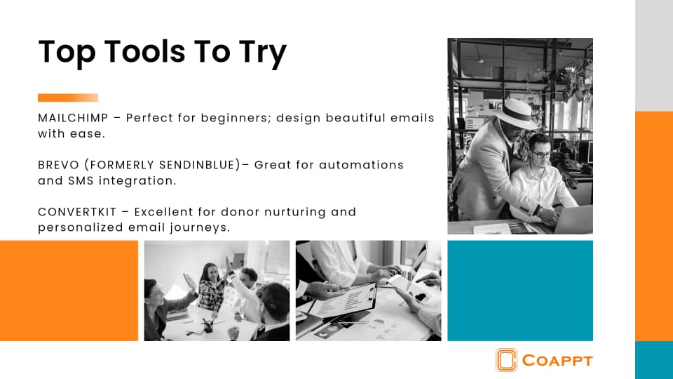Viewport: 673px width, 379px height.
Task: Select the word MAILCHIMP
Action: [x=73, y=118]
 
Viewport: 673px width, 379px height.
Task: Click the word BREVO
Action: [x=58, y=165]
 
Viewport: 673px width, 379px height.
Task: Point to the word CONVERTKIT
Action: [x=77, y=212]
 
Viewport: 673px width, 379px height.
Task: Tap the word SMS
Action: [x=81, y=180]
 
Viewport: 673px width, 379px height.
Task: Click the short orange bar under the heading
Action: [x=68, y=98]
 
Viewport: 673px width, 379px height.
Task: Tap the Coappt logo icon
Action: [x=506, y=359]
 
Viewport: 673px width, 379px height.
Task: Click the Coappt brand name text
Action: [x=557, y=361]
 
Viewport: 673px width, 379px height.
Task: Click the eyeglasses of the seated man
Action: [x=541, y=154]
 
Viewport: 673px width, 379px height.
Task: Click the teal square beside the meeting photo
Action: [x=520, y=291]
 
